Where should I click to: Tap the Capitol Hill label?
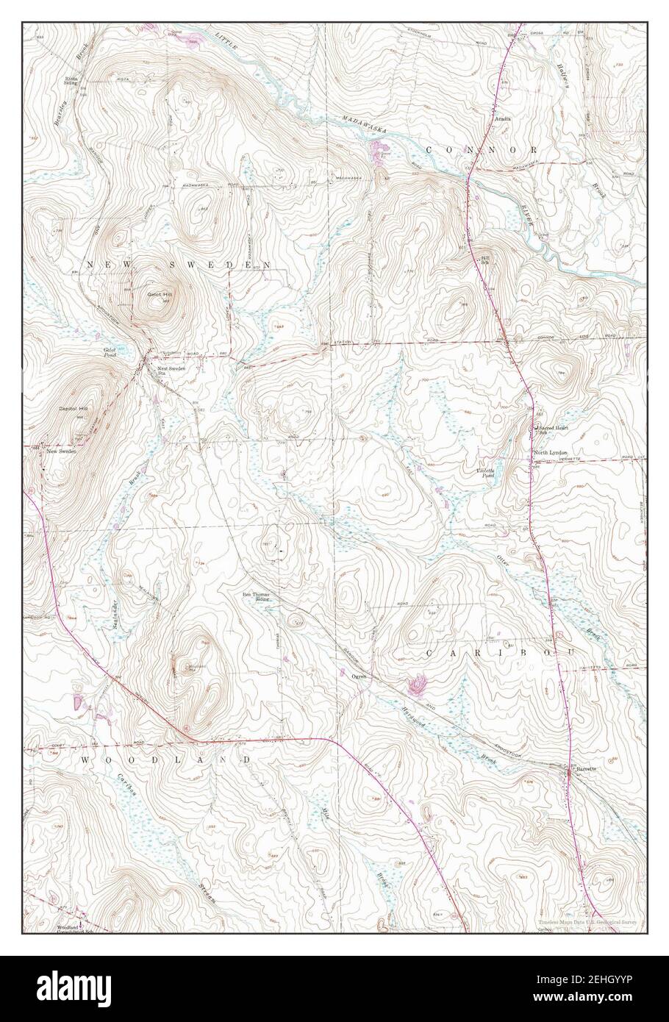click(x=73, y=407)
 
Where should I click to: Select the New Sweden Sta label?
click(x=171, y=370)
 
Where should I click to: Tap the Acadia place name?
click(x=503, y=118)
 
